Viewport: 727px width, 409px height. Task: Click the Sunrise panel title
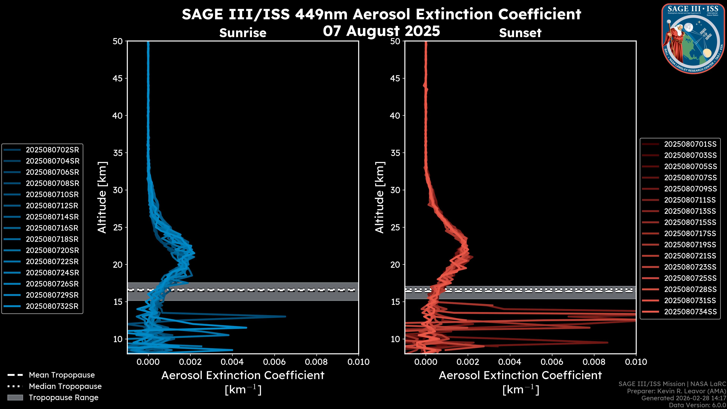pos(243,33)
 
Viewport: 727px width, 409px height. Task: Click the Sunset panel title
pos(520,33)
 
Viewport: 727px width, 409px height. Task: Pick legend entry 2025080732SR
pos(52,306)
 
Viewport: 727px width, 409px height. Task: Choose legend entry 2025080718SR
pos(52,239)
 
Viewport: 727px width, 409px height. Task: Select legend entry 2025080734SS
pos(690,312)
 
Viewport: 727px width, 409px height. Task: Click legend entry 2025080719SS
pos(690,245)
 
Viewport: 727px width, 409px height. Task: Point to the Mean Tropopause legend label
pos(62,375)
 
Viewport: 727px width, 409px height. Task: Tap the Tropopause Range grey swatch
pos(15,397)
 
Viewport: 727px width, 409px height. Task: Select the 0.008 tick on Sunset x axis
pos(594,362)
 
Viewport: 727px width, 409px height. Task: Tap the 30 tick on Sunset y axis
pos(395,190)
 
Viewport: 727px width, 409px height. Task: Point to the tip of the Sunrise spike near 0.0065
pos(285,316)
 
